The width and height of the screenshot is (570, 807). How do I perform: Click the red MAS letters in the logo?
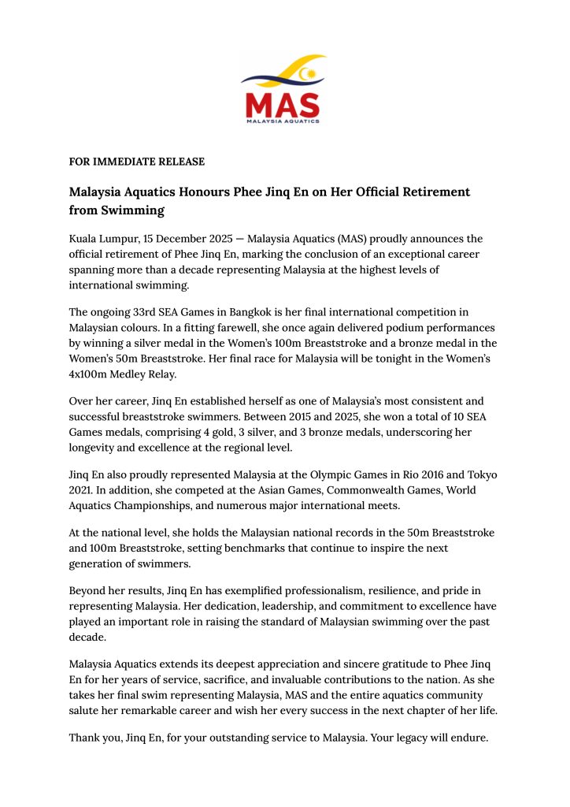(282, 104)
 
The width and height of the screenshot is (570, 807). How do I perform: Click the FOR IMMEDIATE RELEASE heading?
(137, 162)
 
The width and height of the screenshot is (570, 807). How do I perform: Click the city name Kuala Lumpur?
(100, 238)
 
